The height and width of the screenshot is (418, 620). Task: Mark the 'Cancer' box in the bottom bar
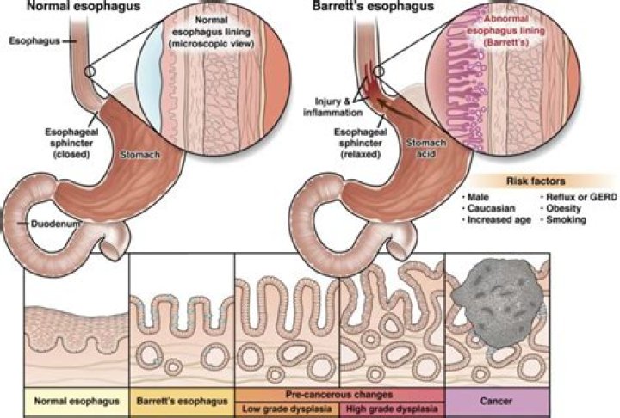pos(498,401)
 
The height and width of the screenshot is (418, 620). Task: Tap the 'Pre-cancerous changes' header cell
pos(340,394)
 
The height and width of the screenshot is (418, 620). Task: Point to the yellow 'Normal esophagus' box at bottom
pos(75,401)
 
